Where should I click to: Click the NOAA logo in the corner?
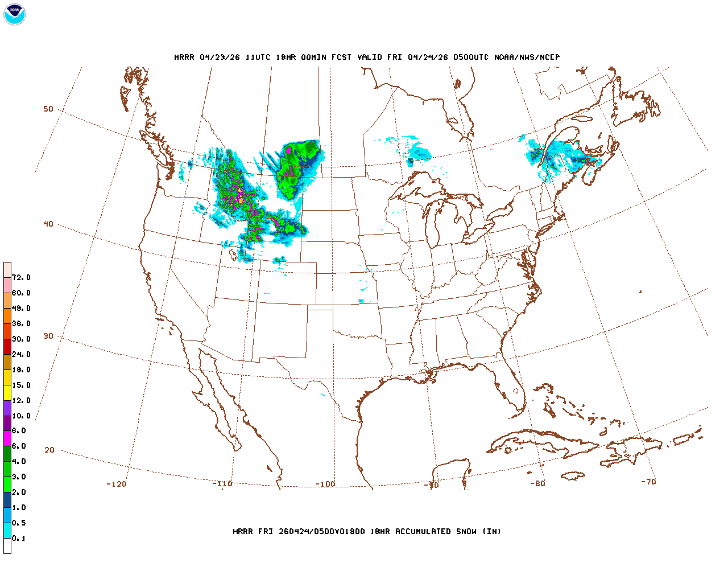(14, 14)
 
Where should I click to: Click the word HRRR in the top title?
(184, 57)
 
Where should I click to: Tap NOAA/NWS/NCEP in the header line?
(527, 57)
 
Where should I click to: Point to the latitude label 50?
(48, 109)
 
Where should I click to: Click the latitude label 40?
(48, 224)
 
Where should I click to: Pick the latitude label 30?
(48, 336)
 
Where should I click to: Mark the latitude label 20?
(49, 450)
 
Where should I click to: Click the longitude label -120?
(117, 484)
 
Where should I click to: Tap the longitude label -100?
(325, 484)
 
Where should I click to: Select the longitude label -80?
(537, 483)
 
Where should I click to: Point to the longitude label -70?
(648, 481)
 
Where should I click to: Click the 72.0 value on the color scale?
(21, 277)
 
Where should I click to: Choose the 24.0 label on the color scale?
(21, 354)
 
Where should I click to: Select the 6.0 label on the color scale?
(19, 446)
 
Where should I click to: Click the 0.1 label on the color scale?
(19, 538)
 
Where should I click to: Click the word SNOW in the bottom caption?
(465, 531)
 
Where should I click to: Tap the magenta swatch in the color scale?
(7, 438)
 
